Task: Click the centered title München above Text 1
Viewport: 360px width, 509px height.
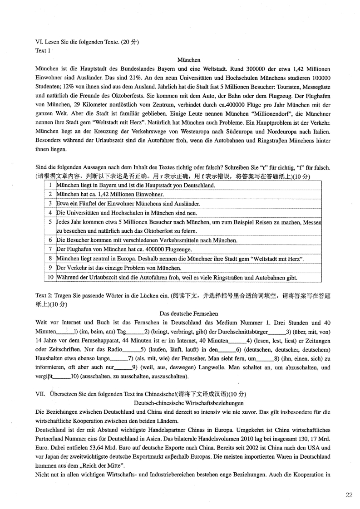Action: (x=189, y=59)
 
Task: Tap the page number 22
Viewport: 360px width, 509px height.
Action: (x=349, y=494)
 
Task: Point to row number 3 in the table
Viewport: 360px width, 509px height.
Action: (x=50, y=204)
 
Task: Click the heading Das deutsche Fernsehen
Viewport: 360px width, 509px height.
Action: (x=189, y=313)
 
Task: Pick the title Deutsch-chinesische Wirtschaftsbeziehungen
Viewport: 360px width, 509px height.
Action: (x=189, y=403)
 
